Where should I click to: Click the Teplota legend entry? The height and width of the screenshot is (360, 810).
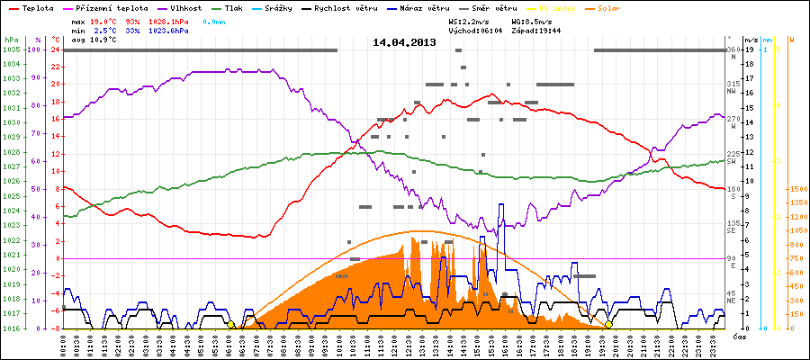[x=32, y=7]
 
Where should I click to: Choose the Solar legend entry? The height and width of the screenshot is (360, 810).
[x=621, y=7]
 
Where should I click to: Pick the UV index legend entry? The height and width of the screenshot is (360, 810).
[x=564, y=7]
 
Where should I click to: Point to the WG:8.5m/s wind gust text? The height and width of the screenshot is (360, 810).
[x=530, y=19]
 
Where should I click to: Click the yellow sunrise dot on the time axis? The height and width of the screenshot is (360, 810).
[x=231, y=325]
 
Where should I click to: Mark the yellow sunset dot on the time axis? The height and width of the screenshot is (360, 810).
[x=608, y=325]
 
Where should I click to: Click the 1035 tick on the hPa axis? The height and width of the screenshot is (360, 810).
[x=12, y=49]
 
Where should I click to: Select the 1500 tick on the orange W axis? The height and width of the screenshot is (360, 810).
[x=796, y=190]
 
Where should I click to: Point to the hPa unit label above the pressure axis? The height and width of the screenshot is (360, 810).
[x=11, y=40]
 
